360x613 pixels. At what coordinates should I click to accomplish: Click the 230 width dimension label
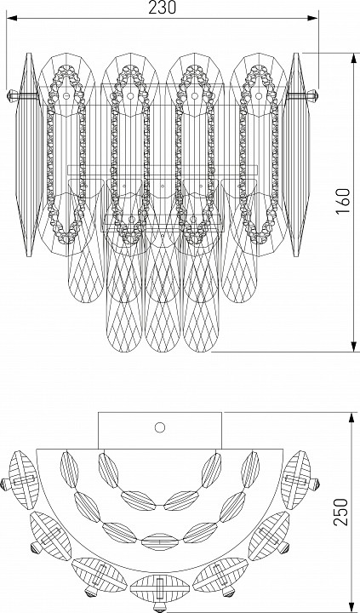tap(163, 7)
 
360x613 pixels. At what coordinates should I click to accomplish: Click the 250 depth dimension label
tap(341, 512)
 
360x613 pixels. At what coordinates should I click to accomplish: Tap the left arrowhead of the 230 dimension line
tap(12, 18)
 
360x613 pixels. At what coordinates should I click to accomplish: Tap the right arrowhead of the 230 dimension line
tap(312, 18)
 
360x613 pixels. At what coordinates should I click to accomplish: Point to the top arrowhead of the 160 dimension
tap(354, 58)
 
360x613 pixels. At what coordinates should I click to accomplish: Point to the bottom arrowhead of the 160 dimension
tap(354, 347)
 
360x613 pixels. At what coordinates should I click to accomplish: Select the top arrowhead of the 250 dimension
tap(351, 417)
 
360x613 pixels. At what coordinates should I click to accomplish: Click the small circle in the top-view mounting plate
tap(160, 427)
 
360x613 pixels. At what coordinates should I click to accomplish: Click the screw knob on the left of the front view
tap(13, 95)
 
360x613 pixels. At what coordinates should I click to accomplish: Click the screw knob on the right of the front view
tap(312, 95)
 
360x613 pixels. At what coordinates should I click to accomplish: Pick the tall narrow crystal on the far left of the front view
tap(29, 155)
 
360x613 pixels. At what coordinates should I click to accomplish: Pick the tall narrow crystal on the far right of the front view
tap(296, 155)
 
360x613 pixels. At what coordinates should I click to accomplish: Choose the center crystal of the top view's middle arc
tap(159, 541)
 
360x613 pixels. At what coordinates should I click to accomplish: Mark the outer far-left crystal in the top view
tap(24, 480)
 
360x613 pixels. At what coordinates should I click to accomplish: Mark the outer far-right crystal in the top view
tap(296, 480)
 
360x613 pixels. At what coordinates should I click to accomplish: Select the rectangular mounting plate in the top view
tap(160, 431)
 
